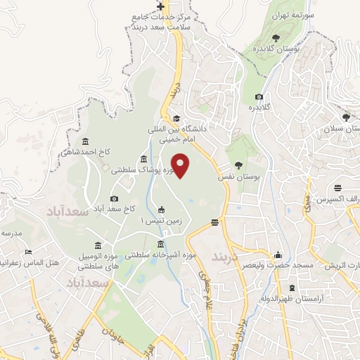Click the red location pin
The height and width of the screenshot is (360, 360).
(181, 165)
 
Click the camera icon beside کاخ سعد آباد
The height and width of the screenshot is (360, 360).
(115, 199)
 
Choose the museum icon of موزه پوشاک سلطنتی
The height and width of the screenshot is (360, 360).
(143, 159)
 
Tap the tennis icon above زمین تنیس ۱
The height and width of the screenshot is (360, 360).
(162, 209)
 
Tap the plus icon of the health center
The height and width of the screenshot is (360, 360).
(161, 6)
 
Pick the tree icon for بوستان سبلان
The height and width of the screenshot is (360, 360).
(345, 117)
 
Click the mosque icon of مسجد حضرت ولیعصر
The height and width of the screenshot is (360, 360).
(279, 255)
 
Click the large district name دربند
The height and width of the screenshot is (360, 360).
(226, 255)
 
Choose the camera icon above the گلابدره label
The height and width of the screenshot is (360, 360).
(259, 96)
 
